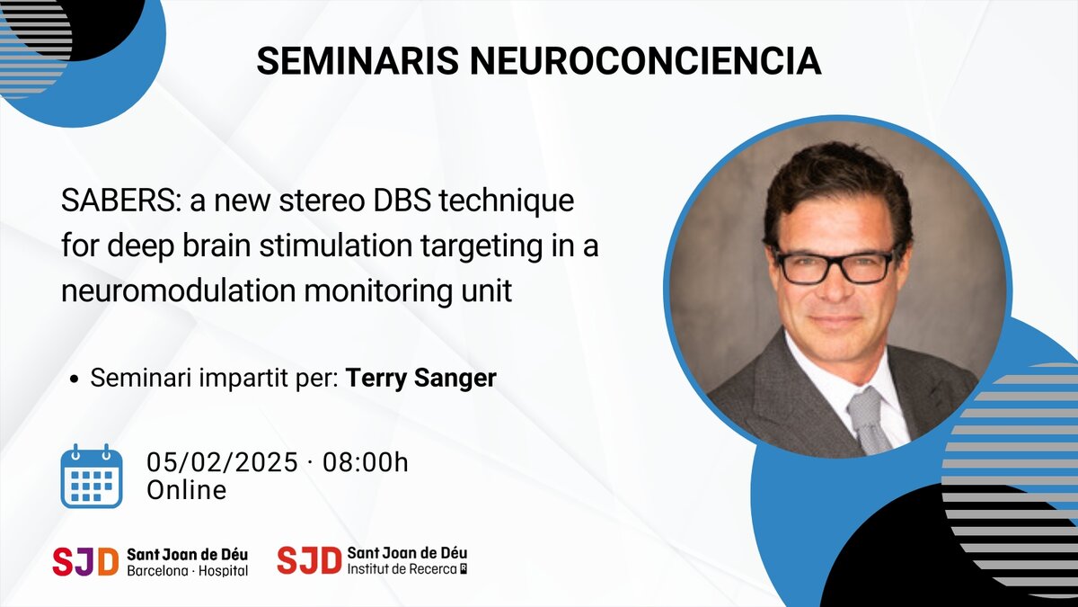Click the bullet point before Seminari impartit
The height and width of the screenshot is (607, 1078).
point(75,379)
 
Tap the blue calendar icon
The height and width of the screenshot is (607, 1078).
point(91,476)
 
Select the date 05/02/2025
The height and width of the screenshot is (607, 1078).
point(222,463)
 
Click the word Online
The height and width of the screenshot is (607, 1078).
point(186,490)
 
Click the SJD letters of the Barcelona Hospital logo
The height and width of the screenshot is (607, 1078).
point(85,561)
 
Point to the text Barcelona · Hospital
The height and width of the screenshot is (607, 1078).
point(187,571)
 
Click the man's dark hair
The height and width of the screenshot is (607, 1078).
point(836,180)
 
